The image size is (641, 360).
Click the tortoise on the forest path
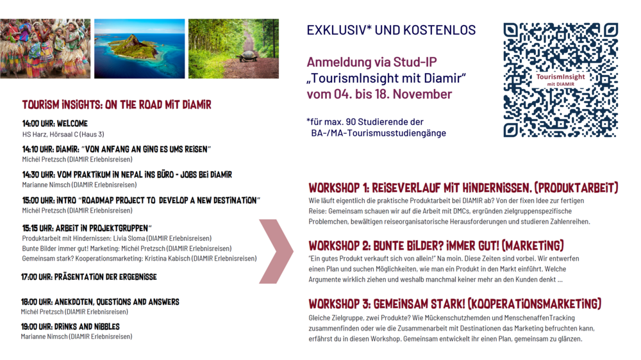[x=246, y=56]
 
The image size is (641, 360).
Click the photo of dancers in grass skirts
[x=45, y=48]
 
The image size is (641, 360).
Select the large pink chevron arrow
[x=276, y=251]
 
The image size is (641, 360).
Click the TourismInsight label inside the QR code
[x=560, y=77]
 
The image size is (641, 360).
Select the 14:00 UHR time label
[x=38, y=124]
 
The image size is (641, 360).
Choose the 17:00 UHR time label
[x=37, y=277]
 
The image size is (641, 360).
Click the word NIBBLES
[x=106, y=327]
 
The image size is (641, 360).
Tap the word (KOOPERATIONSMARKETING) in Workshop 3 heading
[x=535, y=304]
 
